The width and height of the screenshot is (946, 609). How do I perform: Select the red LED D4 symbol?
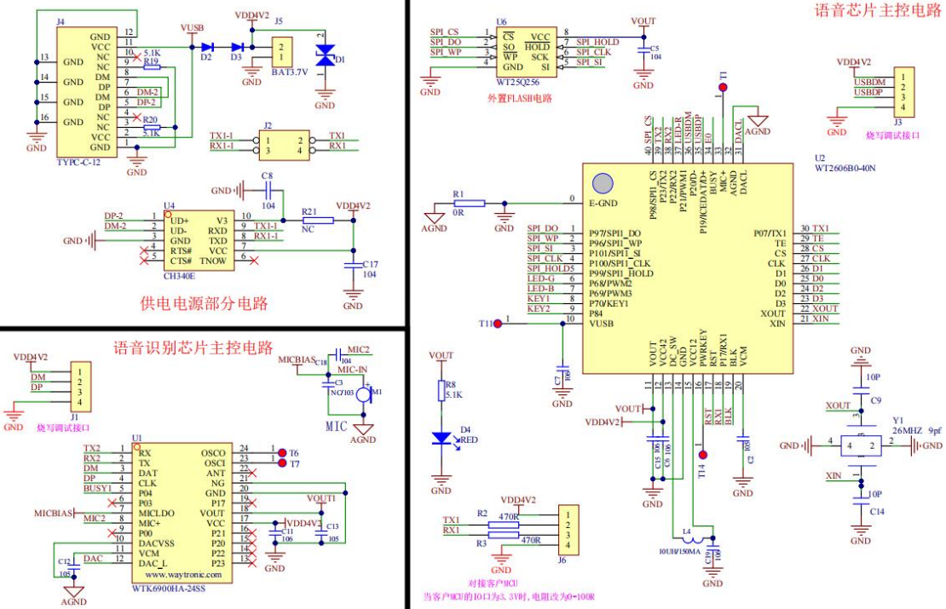[x=441, y=438]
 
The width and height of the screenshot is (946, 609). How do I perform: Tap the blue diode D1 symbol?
[x=325, y=56]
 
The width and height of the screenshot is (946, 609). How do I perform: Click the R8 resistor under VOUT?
[x=441, y=390]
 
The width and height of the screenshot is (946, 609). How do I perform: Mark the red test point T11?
[x=497, y=323]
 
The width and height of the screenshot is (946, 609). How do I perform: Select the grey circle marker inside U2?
[x=603, y=183]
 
